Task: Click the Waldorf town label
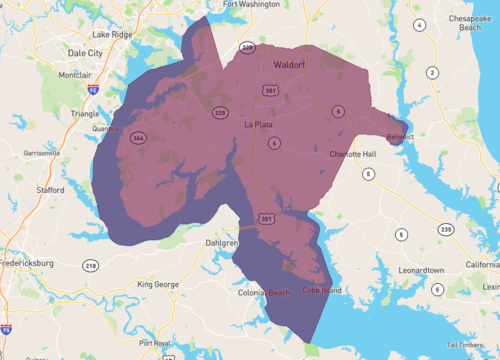click(x=289, y=66)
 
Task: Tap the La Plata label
click(x=260, y=125)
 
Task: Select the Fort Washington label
click(x=251, y=5)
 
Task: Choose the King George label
click(x=158, y=285)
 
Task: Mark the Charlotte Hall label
click(x=354, y=154)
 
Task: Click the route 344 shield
click(x=139, y=137)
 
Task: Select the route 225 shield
click(x=220, y=113)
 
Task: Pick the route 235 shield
click(x=445, y=230)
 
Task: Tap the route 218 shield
click(x=91, y=265)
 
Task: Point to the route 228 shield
click(x=248, y=47)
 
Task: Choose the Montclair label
click(x=75, y=75)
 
